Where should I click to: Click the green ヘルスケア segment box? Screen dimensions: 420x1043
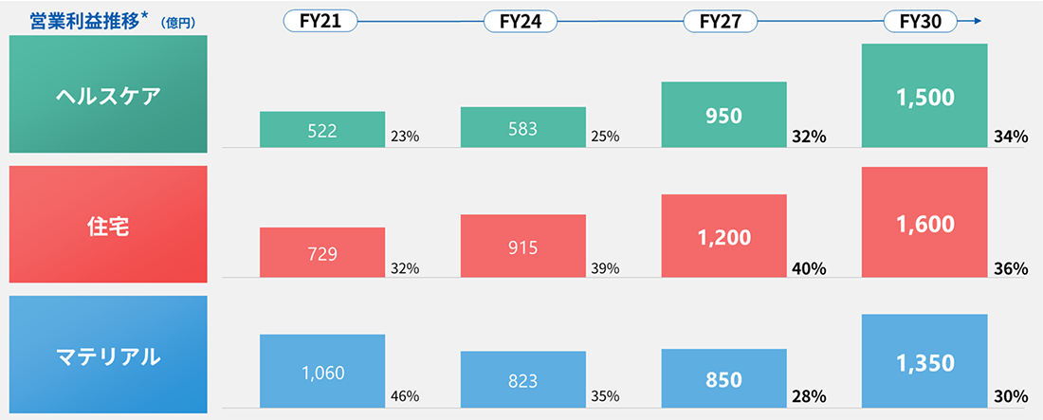click(x=107, y=95)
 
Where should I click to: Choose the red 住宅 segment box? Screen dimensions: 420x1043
click(x=107, y=225)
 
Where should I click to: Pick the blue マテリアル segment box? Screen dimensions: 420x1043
click(x=107, y=356)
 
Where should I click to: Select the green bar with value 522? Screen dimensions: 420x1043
click(x=321, y=130)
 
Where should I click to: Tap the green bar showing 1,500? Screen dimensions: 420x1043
click(x=924, y=96)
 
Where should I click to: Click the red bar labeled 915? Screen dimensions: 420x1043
click(x=522, y=247)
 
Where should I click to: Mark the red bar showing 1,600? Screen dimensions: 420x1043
click(x=924, y=223)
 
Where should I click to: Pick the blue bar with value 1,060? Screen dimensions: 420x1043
click(x=321, y=371)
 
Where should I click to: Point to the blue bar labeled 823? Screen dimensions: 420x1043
click(x=522, y=379)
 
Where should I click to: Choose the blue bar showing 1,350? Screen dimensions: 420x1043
click(x=924, y=360)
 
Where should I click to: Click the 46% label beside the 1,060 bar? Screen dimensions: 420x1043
click(x=405, y=396)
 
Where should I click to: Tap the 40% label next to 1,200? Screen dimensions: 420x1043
click(x=808, y=268)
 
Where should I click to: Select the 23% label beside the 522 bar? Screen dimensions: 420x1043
click(x=405, y=137)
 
